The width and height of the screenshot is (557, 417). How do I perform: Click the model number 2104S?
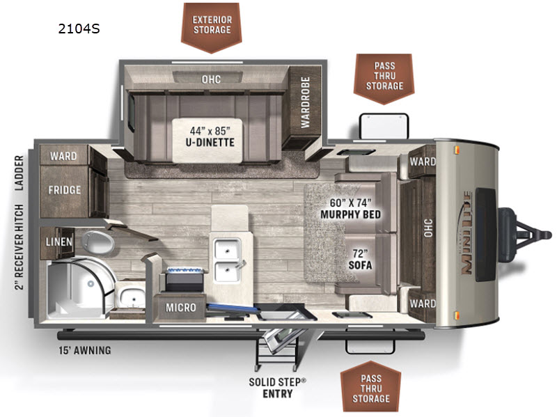pos(79,29)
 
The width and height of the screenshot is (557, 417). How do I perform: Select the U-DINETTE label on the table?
pos(210,143)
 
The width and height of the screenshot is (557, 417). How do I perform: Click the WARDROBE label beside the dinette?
pos(306,102)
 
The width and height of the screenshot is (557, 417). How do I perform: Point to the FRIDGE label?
pos(64,190)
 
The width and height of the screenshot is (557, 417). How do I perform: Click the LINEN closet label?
pos(59,242)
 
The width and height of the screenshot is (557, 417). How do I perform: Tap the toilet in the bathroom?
pos(97,242)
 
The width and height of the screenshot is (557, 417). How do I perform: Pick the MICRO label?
pos(181,307)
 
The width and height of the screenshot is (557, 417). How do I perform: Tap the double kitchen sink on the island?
pos(228,260)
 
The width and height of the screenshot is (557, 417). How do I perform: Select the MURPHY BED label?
pos(351,214)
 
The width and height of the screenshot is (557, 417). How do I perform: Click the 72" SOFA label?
pos(360,260)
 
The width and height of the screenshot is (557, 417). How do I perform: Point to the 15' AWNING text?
pos(85,351)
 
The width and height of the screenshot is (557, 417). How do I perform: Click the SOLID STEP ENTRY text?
pos(277,388)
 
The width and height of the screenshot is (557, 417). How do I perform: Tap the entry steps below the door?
pos(276,350)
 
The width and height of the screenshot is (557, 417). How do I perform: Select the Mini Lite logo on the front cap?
pos(466,233)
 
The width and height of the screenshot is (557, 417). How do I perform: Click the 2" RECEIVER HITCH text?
pos(19,247)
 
